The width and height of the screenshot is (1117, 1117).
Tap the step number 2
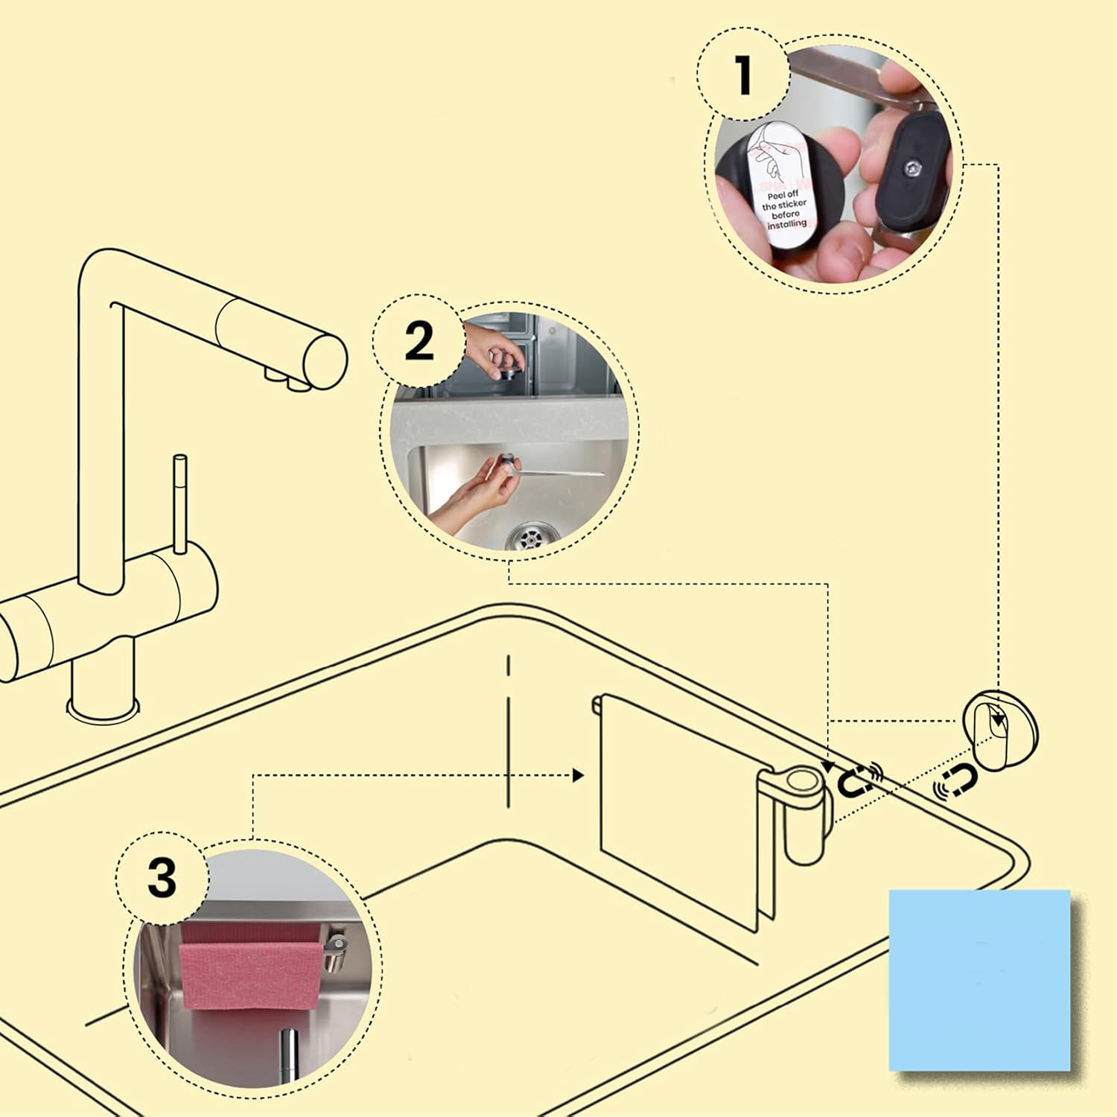click(x=419, y=342)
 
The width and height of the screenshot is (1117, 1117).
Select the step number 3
click(x=162, y=876)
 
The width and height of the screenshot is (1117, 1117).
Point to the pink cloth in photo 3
click(x=250, y=972)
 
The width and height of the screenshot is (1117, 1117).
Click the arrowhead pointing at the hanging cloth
click(x=579, y=776)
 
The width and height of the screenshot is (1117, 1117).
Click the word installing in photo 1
click(x=787, y=223)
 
